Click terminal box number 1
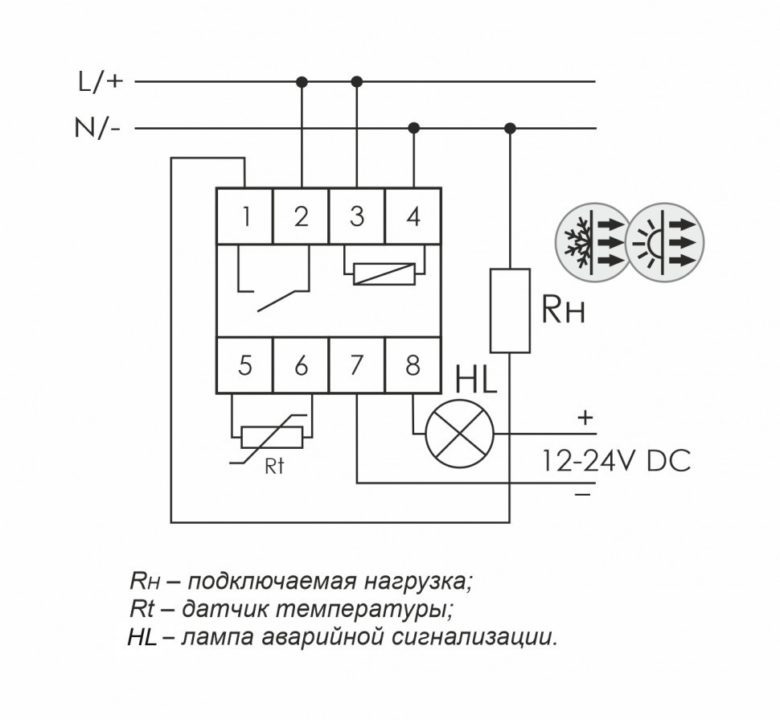(x=244, y=216)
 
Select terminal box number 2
(x=301, y=216)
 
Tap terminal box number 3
(x=357, y=216)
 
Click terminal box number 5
(x=244, y=365)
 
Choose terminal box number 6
(x=301, y=365)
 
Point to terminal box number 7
(x=357, y=365)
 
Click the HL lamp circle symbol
(x=460, y=434)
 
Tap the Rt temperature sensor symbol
(x=272, y=437)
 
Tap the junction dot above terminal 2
(x=302, y=81)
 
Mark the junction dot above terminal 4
(x=414, y=128)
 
